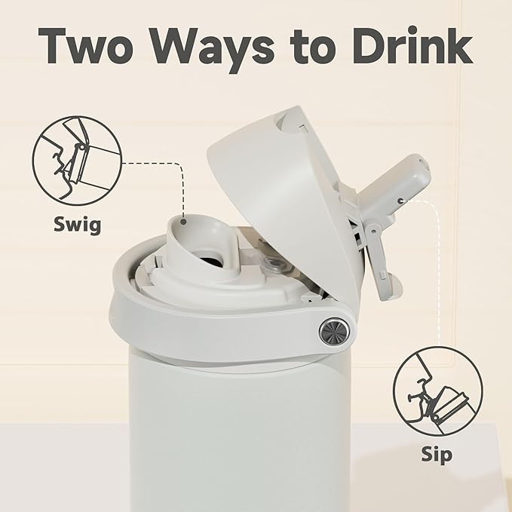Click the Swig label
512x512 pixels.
(78, 225)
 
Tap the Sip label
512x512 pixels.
(437, 455)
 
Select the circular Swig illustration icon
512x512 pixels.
(77, 161)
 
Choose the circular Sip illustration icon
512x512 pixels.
(437, 391)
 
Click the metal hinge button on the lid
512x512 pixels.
(334, 331)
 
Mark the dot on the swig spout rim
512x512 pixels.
(183, 222)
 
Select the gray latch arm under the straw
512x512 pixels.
(379, 258)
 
